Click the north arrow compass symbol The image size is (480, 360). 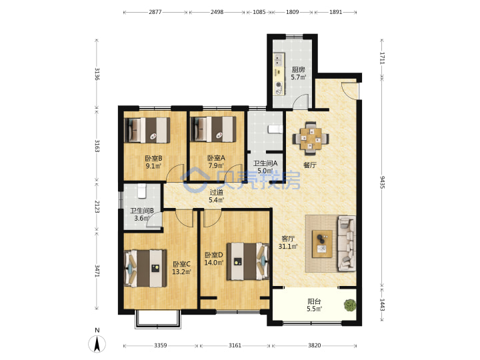(97, 343)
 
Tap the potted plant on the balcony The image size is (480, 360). (350, 305)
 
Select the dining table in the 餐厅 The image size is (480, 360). (311, 139)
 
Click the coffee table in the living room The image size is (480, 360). (322, 244)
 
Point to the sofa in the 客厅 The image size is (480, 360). (347, 243)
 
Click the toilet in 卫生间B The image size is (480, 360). (141, 191)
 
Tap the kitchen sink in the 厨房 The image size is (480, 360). (279, 60)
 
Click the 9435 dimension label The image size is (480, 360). (383, 182)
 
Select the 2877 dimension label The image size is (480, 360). (155, 12)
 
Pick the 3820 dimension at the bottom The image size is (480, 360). (315, 345)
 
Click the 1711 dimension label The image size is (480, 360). (383, 58)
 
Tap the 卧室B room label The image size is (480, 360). (153, 158)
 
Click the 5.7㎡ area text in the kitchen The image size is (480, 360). (299, 77)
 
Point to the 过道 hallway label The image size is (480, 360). (217, 192)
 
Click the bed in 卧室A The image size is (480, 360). (213, 129)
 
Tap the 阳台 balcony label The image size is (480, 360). (315, 301)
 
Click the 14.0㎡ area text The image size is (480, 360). (214, 263)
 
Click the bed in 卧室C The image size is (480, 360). (145, 269)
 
